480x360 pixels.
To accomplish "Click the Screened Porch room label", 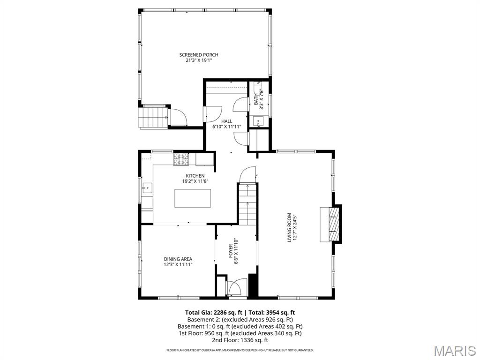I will coord(199,55).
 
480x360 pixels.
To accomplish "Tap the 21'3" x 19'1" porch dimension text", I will coord(199,60).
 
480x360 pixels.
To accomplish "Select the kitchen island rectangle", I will coord(193,198).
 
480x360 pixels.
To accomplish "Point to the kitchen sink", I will coord(146,188).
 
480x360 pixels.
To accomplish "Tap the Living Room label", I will coord(289,227).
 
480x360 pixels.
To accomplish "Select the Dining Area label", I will coord(178,259).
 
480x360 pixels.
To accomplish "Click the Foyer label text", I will coord(231,251).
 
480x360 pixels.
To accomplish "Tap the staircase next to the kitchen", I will coord(247,204).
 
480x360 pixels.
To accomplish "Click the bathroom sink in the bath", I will coord(258,121).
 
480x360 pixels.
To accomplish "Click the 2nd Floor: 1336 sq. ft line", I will coord(240,340).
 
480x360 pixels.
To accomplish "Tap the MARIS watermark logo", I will coord(454,351).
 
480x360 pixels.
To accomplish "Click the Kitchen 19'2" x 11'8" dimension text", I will coord(195,181).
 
